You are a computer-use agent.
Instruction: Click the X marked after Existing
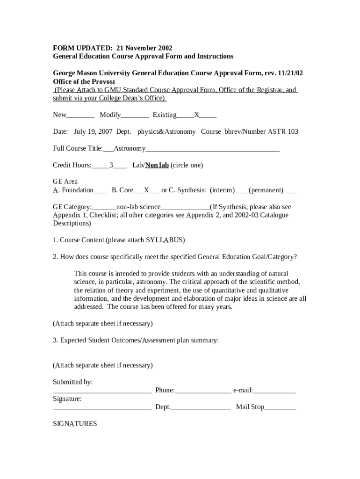click(x=197, y=115)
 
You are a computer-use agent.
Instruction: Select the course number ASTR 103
click(x=283, y=132)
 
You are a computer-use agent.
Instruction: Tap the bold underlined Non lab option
click(x=157, y=165)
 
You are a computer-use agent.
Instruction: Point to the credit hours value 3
click(x=111, y=165)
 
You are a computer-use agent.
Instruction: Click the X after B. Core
click(x=146, y=190)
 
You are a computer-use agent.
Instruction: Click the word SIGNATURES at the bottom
click(x=75, y=424)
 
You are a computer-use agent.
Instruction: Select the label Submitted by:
click(x=72, y=382)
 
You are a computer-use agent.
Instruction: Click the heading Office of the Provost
click(x=84, y=81)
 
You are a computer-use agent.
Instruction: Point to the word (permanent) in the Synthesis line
click(x=266, y=190)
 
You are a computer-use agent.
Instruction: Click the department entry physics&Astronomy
click(x=166, y=132)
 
